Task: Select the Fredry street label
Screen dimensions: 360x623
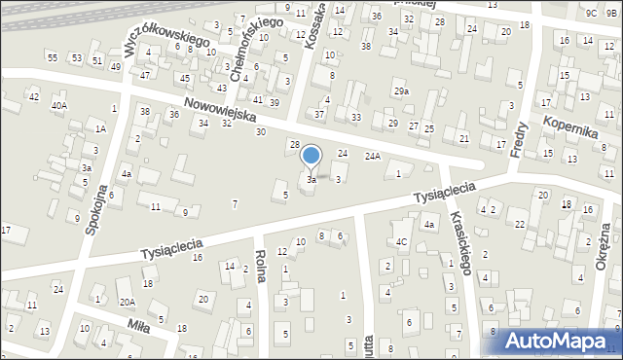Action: pyautogui.click(x=518, y=135)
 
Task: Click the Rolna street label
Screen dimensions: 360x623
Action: pyautogui.click(x=260, y=266)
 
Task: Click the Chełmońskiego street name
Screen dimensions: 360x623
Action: pyautogui.click(x=238, y=45)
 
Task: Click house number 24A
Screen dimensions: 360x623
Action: pyautogui.click(x=372, y=155)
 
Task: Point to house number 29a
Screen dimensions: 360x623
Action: pyautogui.click(x=401, y=91)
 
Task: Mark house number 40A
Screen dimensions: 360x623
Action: pyautogui.click(x=59, y=105)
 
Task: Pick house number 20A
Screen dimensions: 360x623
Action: pyautogui.click(x=128, y=302)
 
